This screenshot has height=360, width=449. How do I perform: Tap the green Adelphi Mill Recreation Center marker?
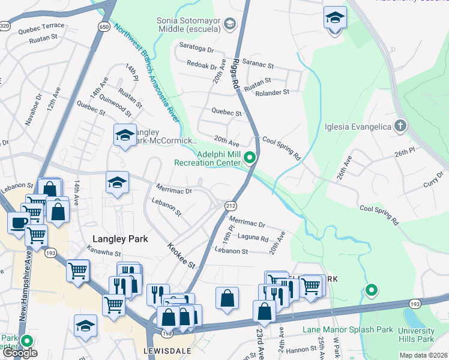point(250,158)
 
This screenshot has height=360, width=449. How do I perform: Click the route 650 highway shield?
point(104,27)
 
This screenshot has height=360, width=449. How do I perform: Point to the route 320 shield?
point(5,26)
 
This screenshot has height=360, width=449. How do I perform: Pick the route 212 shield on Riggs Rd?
point(230,206)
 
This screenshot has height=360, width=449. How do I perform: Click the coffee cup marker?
point(17,223)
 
